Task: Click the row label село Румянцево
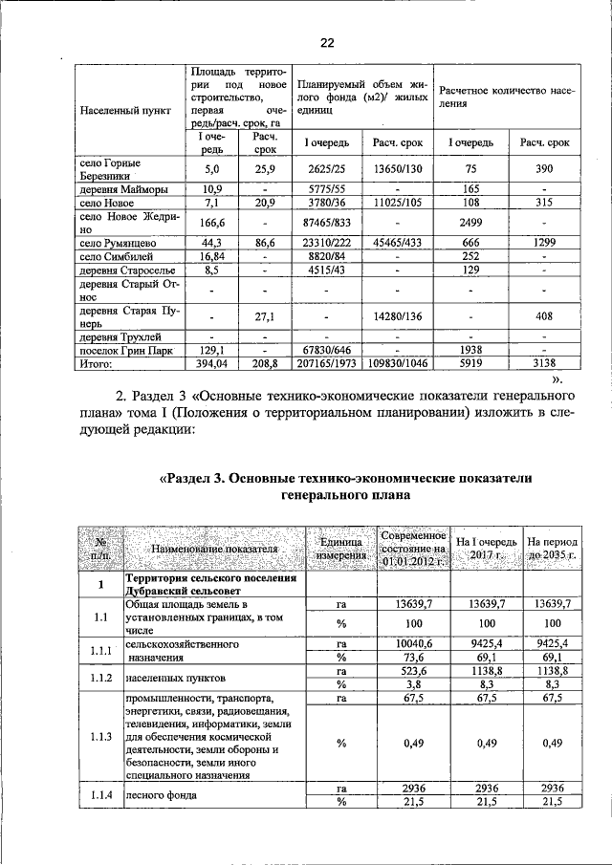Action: tap(118, 244)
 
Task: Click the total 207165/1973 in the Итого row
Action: tap(326, 363)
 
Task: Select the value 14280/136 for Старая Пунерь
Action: tap(397, 314)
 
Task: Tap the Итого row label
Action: tap(98, 363)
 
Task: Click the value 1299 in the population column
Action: tap(544, 244)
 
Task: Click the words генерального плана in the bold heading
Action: tap(347, 496)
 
